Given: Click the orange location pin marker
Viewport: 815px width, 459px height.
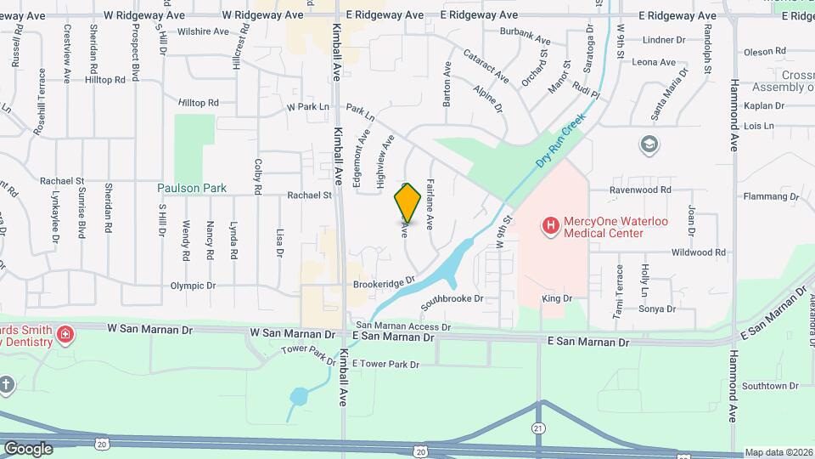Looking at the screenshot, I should pos(407,202).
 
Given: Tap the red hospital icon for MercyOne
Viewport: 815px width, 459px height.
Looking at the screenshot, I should pos(550,225).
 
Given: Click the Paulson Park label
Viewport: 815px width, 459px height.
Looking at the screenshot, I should pos(192,188).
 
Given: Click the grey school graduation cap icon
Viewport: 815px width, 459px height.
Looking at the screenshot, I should pos(649,144).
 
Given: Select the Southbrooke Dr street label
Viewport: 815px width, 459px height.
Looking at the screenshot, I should pos(452,300).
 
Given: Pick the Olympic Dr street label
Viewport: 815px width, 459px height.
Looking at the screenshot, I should pos(194,286).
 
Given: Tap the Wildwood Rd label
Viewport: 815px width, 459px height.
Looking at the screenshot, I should pos(698,252).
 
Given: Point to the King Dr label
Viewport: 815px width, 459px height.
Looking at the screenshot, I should pos(557,299).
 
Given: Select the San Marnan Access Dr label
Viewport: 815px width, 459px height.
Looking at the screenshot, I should pos(402,326).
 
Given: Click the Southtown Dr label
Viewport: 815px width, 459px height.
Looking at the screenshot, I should pos(770,386).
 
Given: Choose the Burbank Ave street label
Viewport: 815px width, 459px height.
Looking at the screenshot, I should pos(520,35).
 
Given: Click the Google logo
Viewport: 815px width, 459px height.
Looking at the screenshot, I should pos(28,448).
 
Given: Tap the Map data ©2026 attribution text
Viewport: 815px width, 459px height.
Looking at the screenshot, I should pos(778,452).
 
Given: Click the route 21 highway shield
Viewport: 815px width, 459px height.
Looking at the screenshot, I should pos(538,428).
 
